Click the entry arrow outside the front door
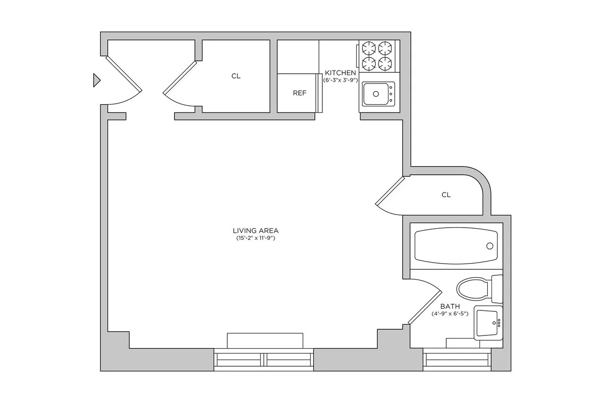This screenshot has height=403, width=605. (96, 80)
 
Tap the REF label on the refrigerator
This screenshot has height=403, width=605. (300, 93)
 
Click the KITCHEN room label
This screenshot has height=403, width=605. (340, 73)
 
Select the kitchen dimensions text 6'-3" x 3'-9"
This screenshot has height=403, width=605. (340, 80)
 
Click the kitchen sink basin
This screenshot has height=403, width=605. (376, 94)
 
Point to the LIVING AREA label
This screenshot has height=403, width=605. (256, 231)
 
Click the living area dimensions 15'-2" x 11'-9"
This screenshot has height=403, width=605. (256, 239)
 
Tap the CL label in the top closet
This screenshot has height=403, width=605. (236, 76)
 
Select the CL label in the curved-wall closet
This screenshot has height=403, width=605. (446, 195)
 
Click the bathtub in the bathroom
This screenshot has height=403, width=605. (456, 246)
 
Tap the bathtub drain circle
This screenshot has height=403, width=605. (490, 246)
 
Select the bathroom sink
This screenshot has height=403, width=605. (489, 323)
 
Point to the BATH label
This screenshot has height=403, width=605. (449, 306)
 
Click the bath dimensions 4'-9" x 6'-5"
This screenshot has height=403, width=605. (449, 314)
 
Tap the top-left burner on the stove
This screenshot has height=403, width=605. (369, 48)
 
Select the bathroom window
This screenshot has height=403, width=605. (457, 360)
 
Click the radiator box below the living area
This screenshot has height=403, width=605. (265, 341)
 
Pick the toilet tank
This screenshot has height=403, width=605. (497, 289)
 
